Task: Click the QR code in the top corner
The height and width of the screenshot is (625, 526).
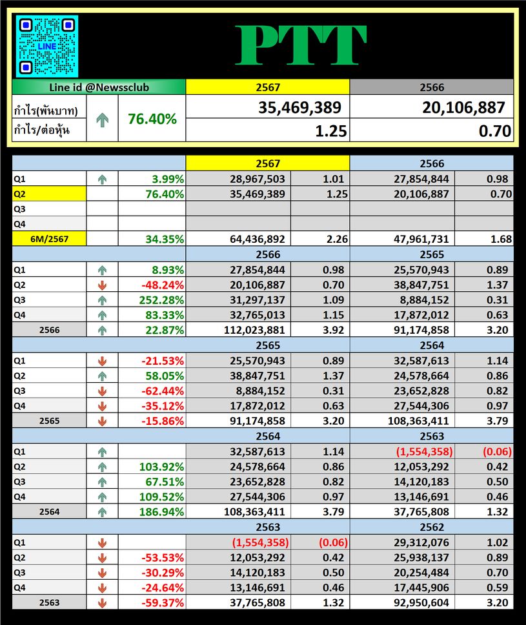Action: [x=46, y=46]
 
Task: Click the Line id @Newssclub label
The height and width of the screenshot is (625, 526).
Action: [x=99, y=87]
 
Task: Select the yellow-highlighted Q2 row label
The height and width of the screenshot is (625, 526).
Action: [x=49, y=194]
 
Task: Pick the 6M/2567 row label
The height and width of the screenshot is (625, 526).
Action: [x=49, y=239]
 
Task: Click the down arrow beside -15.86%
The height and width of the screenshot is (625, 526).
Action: [x=102, y=421]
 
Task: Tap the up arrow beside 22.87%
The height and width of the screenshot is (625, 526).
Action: [x=102, y=330]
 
